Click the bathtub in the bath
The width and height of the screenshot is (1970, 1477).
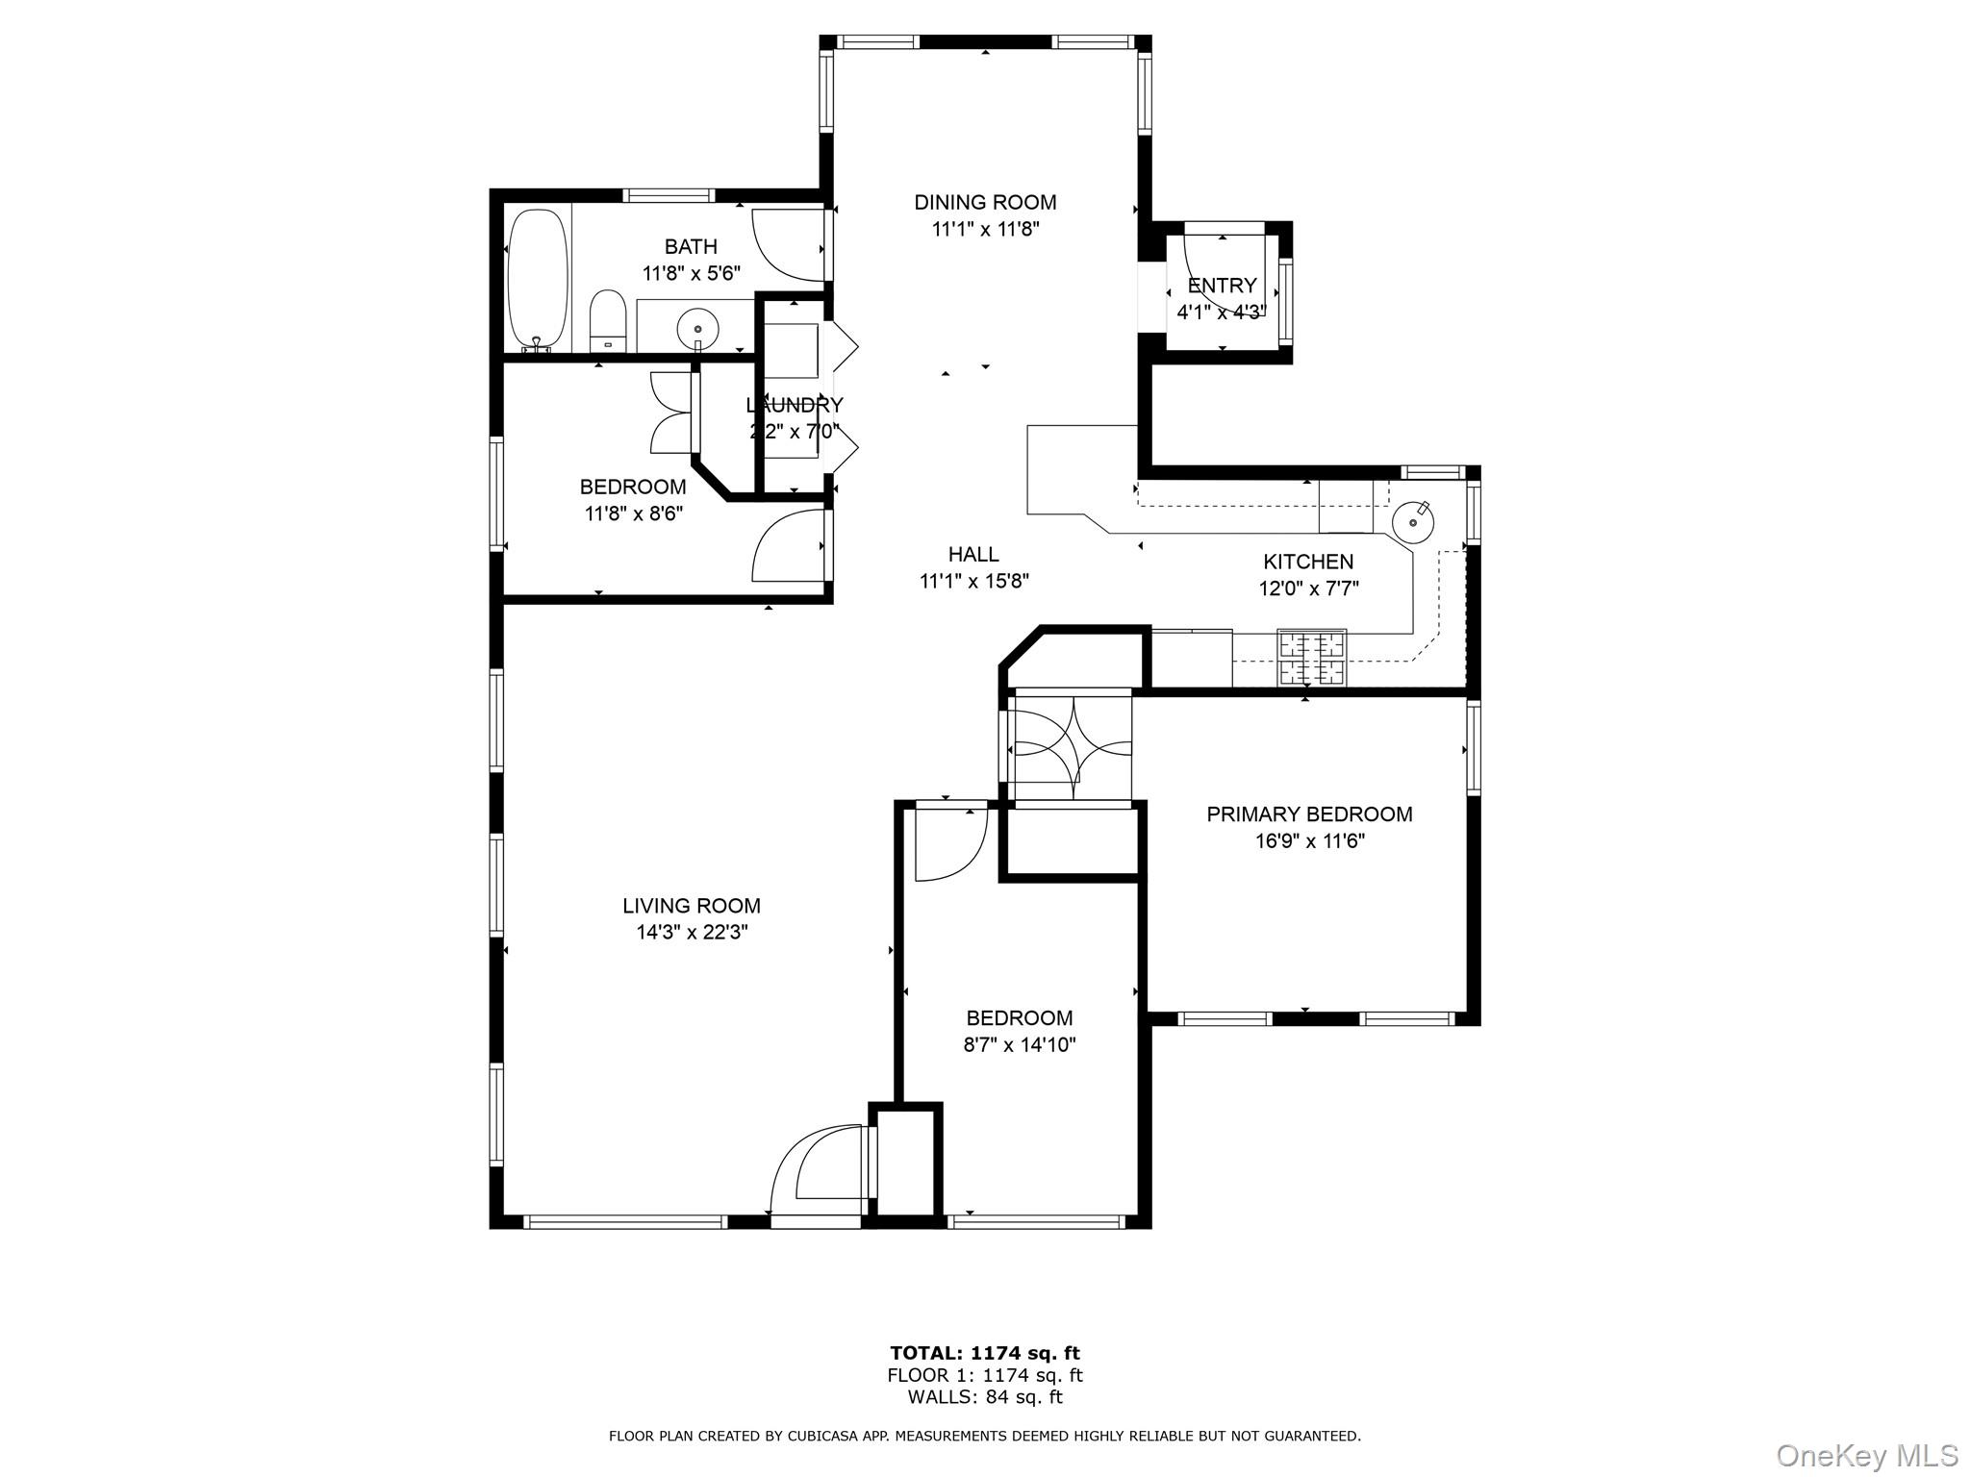coord(538,279)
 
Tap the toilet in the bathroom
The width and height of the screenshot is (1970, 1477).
coord(607,321)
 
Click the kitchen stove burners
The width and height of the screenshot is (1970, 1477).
coord(1311,657)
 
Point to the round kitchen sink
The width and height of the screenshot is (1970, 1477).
coord(1413,522)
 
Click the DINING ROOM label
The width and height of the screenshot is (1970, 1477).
coord(985,202)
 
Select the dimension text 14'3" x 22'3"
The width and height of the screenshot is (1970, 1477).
coord(691,932)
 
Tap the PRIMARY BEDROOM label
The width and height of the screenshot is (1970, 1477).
coord(1309,814)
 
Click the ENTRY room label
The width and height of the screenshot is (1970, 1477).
coord(1222,286)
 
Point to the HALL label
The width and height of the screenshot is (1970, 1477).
coord(973,554)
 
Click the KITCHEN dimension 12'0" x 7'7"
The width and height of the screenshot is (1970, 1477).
coord(1308,588)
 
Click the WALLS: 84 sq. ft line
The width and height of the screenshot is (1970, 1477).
coord(984,1397)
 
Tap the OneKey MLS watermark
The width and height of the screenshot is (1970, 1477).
coord(1866,1455)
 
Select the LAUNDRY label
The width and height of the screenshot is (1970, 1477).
coord(795,405)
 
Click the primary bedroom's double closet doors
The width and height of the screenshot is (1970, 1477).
coord(1070,746)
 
